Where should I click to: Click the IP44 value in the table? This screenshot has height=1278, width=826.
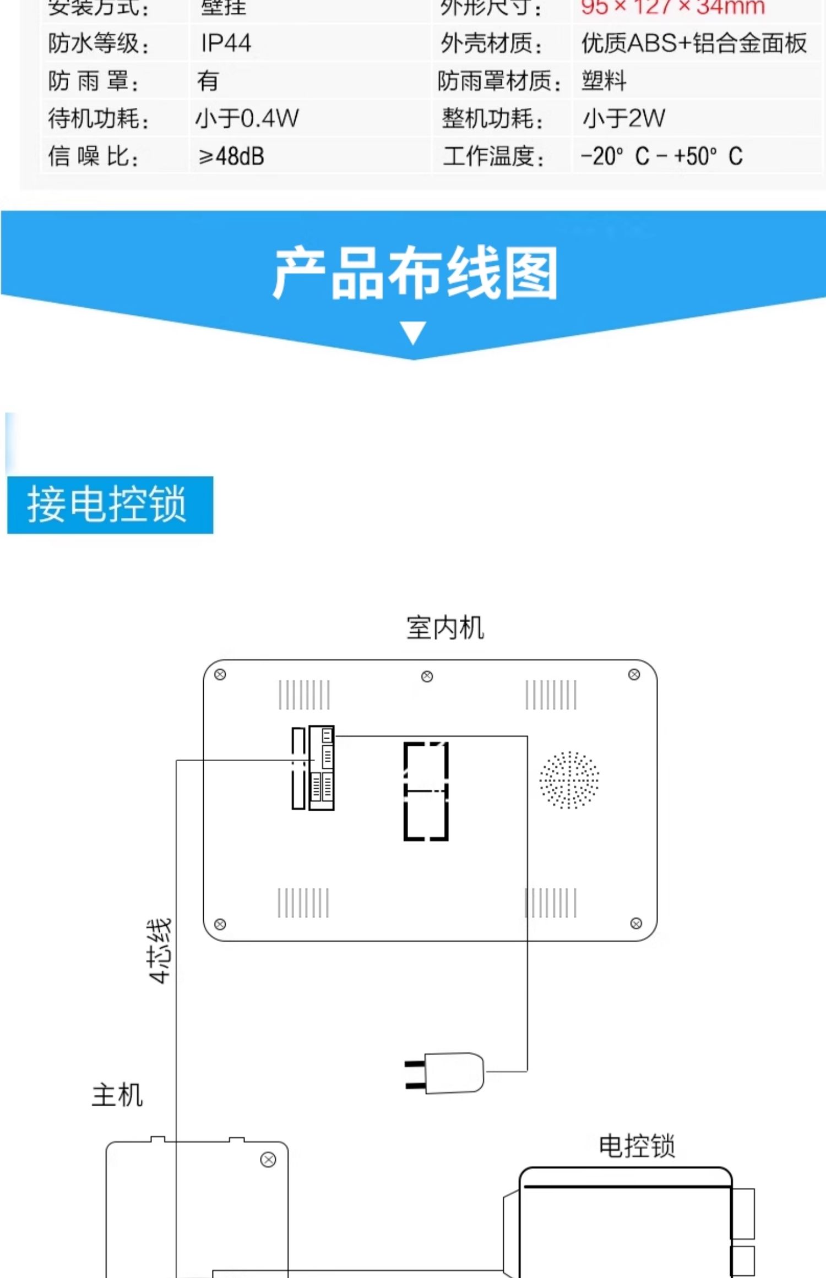tap(226, 43)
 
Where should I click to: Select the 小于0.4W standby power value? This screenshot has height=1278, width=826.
tap(247, 118)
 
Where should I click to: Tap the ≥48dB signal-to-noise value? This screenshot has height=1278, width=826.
tap(231, 156)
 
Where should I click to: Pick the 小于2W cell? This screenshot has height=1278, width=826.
tap(623, 118)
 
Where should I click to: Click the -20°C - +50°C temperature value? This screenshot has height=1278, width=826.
tap(661, 156)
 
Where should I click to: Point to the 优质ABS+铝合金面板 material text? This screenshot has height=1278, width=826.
tap(694, 43)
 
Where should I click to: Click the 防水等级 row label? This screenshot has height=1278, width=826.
tap(98, 43)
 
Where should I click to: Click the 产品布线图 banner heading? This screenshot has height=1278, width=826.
tap(416, 274)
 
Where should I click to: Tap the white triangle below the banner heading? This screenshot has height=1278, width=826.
tap(413, 332)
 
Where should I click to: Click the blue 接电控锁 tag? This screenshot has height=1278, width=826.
tap(110, 505)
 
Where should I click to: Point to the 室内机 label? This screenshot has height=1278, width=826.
tap(445, 628)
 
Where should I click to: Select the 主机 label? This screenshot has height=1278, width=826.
tap(117, 1095)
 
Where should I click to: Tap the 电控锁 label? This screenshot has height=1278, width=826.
tap(637, 1146)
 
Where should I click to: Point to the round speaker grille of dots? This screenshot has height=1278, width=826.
tap(569, 780)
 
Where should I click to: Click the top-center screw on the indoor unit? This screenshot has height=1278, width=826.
tap(427, 676)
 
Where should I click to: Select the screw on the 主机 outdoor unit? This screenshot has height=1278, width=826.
tap(268, 1160)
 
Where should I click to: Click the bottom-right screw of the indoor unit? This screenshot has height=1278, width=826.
tap(636, 924)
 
